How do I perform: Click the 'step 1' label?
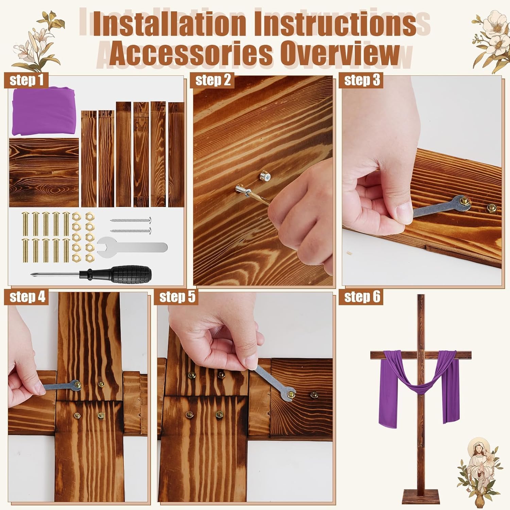[x=27, y=80]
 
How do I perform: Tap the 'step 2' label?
[x=213, y=80]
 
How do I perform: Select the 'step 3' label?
[x=362, y=80]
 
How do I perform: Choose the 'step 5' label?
[x=177, y=297]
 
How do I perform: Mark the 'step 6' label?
[x=362, y=297]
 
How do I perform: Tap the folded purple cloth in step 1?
[x=43, y=111]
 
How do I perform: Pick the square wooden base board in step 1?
[x=44, y=172]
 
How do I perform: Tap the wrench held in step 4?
[x=58, y=387]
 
